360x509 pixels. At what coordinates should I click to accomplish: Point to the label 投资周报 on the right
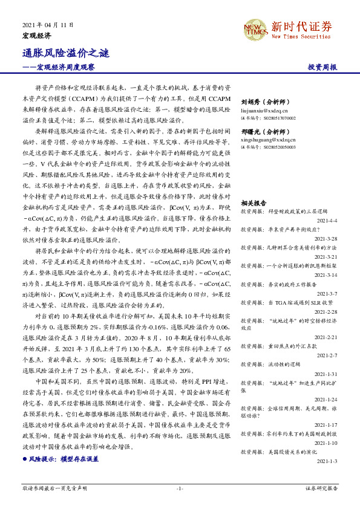tap(322, 68)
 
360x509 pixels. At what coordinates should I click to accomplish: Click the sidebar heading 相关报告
tap(254, 203)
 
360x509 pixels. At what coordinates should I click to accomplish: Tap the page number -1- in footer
tap(179, 488)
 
